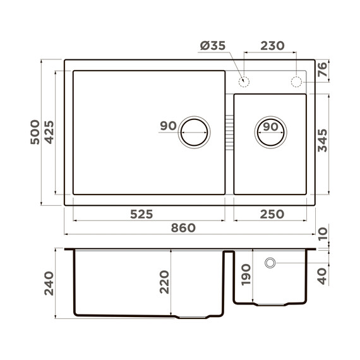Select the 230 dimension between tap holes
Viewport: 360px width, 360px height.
(x=272, y=46)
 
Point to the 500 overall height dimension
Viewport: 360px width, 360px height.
(x=35, y=132)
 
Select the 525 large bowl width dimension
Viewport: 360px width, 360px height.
(x=141, y=214)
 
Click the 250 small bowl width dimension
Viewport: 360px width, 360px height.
(x=272, y=214)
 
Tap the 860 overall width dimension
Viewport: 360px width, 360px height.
(x=183, y=228)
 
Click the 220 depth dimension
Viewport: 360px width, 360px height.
(x=164, y=282)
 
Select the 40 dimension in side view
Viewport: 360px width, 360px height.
(x=323, y=276)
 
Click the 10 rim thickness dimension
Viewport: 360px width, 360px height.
(x=323, y=234)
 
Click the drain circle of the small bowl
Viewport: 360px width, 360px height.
(x=270, y=132)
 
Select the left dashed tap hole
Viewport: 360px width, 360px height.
(x=244, y=81)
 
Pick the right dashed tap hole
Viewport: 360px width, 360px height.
(x=296, y=81)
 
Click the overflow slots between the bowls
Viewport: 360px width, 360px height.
(x=229, y=131)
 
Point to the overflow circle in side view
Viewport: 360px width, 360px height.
(x=270, y=262)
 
